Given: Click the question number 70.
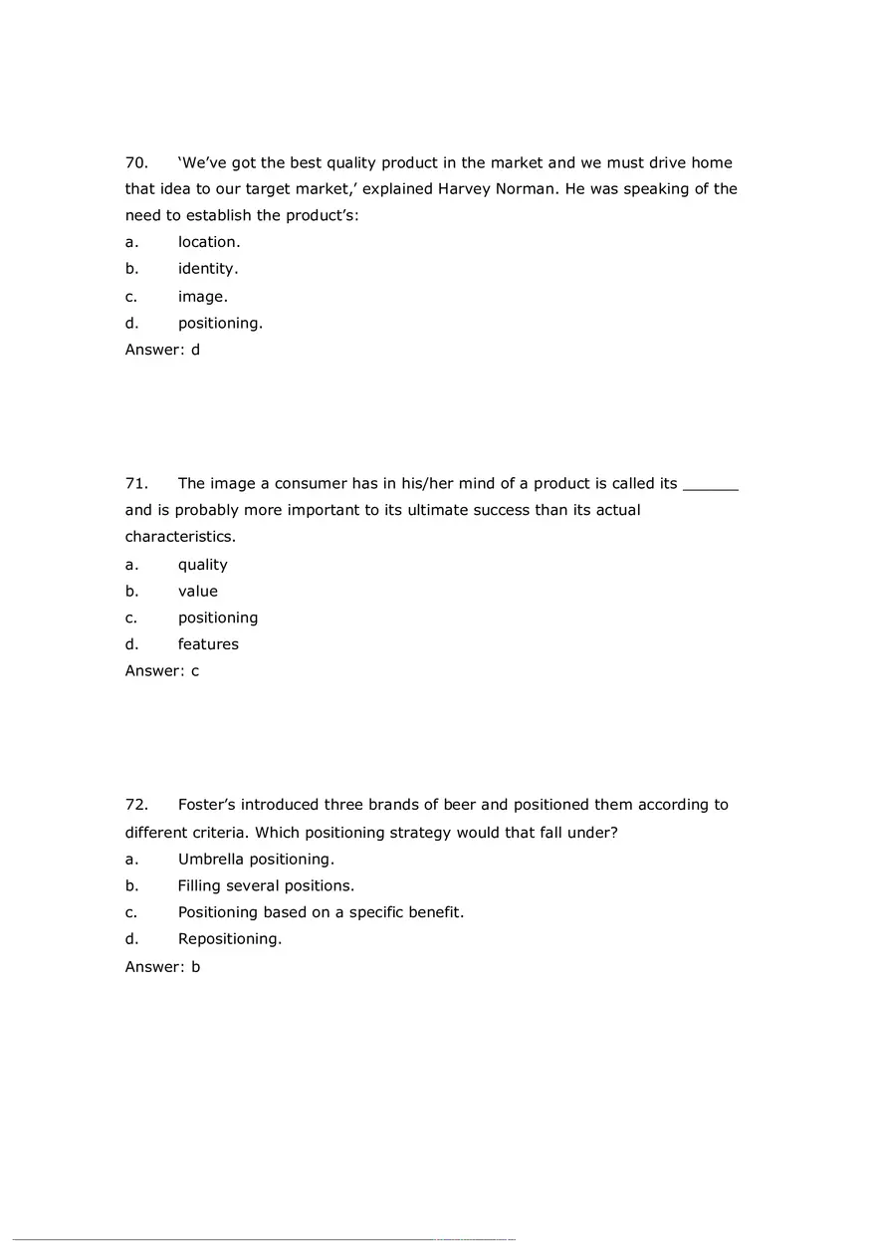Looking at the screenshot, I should coord(136,162).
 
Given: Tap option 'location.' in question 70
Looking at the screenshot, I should coord(209,242).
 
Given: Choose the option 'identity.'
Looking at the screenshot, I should coord(208,269).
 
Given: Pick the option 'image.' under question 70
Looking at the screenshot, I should coord(203,296).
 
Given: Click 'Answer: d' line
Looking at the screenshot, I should coord(162,350).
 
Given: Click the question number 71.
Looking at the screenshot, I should coord(136,483).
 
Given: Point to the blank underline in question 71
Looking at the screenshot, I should coord(711,485).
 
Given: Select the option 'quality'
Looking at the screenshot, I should coord(203,565).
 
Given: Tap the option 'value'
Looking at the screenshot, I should coord(198,591).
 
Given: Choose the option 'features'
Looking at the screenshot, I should coord(208,644).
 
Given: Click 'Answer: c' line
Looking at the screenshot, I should coord(162,671).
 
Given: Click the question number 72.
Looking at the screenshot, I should coord(136,805).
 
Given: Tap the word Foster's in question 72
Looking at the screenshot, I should coord(207,805).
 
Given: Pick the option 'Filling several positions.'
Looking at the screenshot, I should coord(266,885).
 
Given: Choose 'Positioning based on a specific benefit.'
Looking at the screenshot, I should coord(321,912).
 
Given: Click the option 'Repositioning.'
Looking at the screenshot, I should coord(230,939).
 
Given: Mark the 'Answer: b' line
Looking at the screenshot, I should coord(162,966).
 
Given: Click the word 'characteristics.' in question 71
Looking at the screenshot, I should coord(180,537).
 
